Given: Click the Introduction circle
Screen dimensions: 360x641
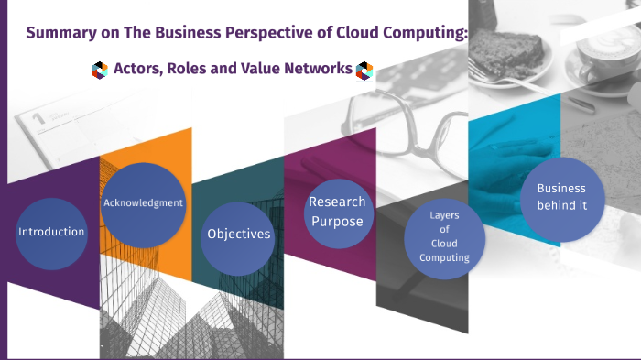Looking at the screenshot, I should pos(51,232).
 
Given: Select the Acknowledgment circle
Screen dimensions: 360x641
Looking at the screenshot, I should pos(143,203).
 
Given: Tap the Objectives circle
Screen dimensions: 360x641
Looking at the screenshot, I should pos(238,234).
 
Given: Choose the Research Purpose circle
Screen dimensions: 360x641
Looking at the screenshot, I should pos(336,213).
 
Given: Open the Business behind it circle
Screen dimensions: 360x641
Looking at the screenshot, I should pos(561,197).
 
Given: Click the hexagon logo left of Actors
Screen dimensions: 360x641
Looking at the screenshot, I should pos(100,70).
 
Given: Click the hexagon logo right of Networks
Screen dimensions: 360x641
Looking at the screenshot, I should pos(365,70).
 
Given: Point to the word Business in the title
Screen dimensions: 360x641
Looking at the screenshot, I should pos(179,34).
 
